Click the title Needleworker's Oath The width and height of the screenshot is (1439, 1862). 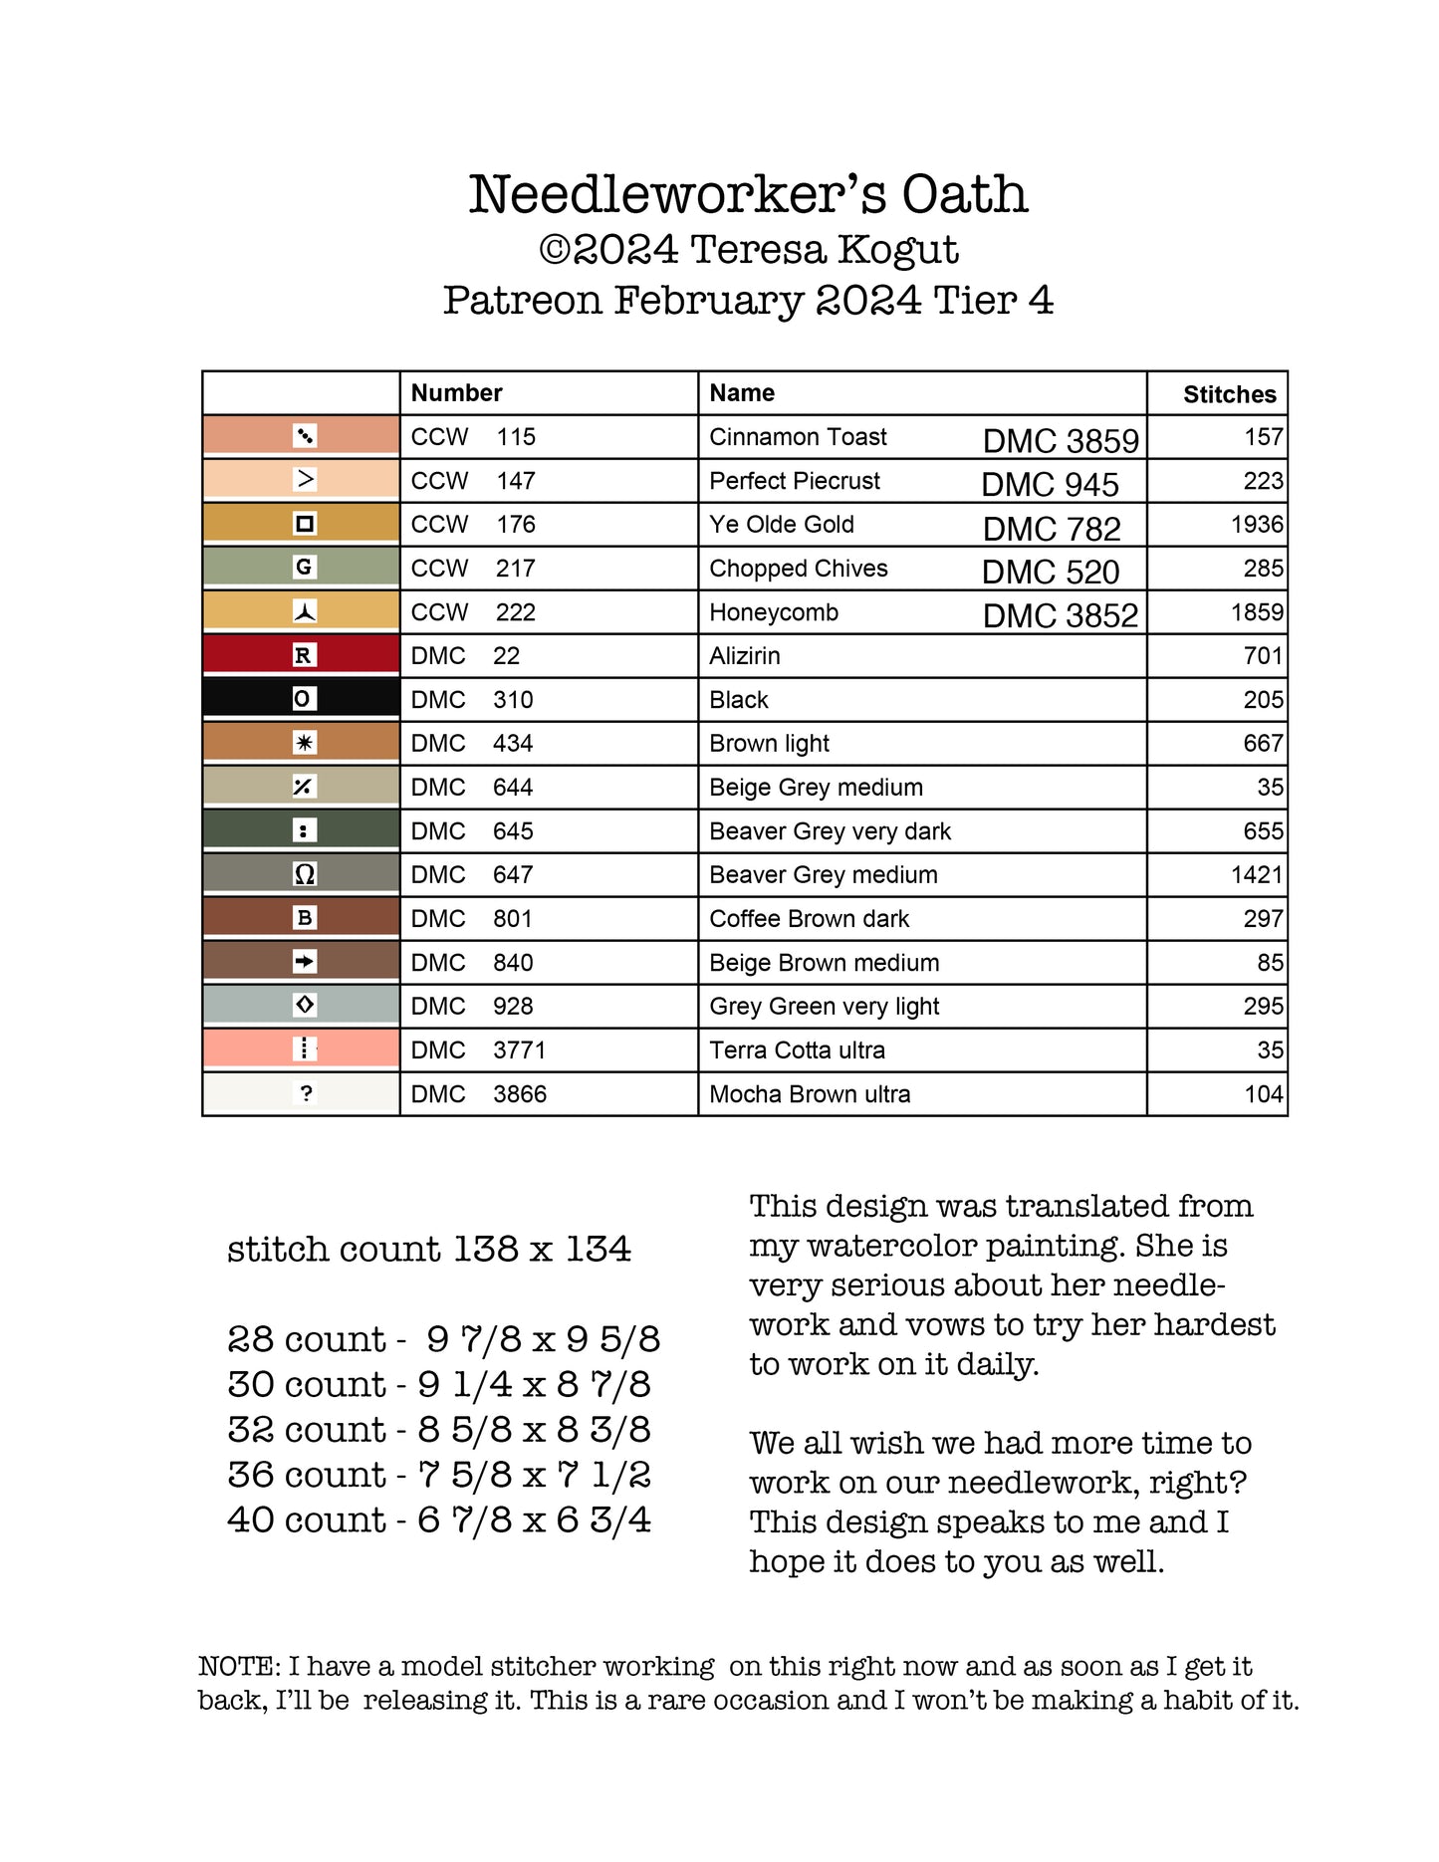(x=748, y=194)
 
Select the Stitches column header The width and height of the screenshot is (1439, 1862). (x=1229, y=394)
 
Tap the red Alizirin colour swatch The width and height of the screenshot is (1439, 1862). (x=302, y=655)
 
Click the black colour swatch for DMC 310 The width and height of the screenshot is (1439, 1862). (x=302, y=699)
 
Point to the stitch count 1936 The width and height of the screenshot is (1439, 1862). (x=1257, y=525)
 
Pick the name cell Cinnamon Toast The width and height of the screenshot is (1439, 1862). (x=798, y=437)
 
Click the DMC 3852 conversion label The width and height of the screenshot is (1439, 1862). (x=1060, y=615)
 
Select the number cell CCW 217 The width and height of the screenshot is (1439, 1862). (x=473, y=569)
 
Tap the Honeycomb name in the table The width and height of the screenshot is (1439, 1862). (x=774, y=612)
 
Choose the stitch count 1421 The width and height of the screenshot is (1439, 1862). (x=1257, y=875)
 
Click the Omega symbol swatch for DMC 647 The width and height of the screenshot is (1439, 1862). (x=304, y=874)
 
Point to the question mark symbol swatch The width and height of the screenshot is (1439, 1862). (x=305, y=1093)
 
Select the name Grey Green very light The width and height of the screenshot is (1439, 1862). (x=824, y=1007)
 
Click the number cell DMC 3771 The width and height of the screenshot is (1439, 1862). (x=478, y=1050)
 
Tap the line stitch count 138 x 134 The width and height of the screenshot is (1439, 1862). (x=429, y=1249)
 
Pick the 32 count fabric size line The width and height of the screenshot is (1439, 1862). (x=439, y=1430)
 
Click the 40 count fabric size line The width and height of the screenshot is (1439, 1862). (x=439, y=1519)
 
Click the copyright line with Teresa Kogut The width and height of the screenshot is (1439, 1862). (x=748, y=250)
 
